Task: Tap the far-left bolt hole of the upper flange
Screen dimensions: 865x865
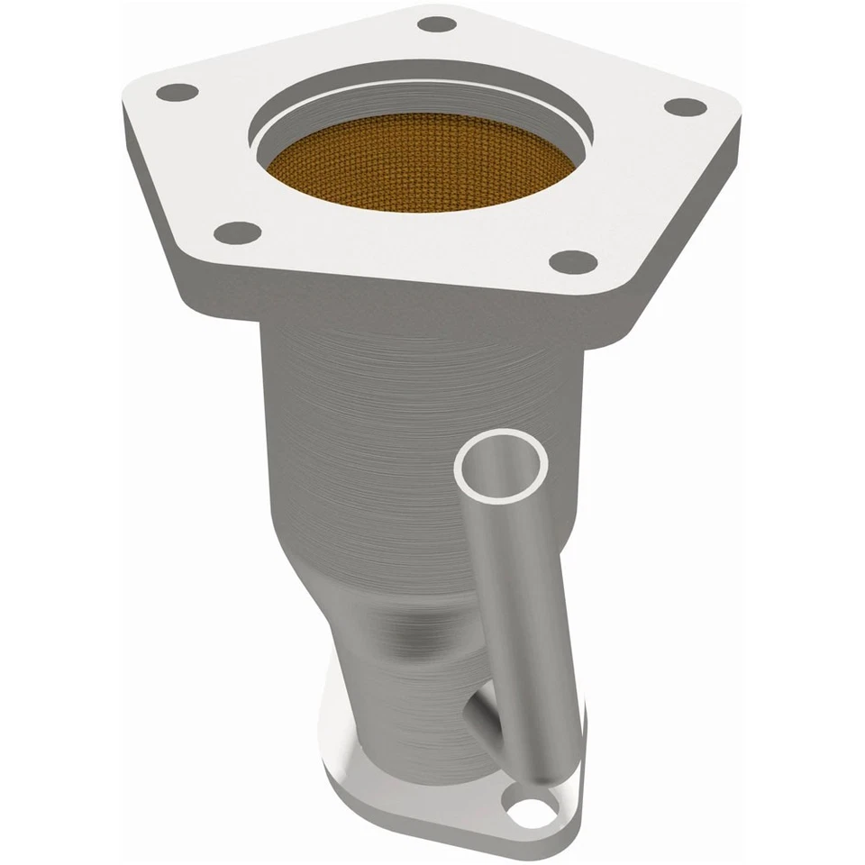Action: pyautogui.click(x=177, y=92)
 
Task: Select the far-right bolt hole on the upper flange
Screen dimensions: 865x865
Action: pyautogui.click(x=686, y=106)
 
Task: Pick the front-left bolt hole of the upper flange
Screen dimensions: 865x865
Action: pyautogui.click(x=239, y=233)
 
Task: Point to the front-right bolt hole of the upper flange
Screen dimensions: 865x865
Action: pyautogui.click(x=573, y=262)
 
